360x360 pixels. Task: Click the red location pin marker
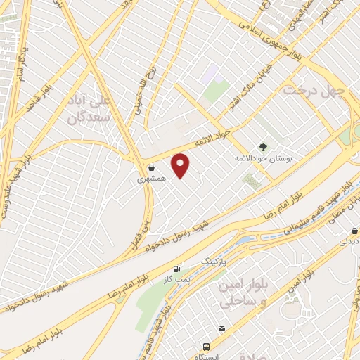click(181, 165)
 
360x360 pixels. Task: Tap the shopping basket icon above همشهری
click(152, 167)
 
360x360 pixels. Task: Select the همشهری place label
click(152, 179)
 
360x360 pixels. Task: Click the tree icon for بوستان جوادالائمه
click(263, 147)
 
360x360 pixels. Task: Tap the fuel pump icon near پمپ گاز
click(176, 269)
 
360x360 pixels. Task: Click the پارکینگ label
click(216, 260)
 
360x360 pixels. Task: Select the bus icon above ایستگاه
click(206, 347)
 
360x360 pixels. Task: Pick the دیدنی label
click(349, 241)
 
